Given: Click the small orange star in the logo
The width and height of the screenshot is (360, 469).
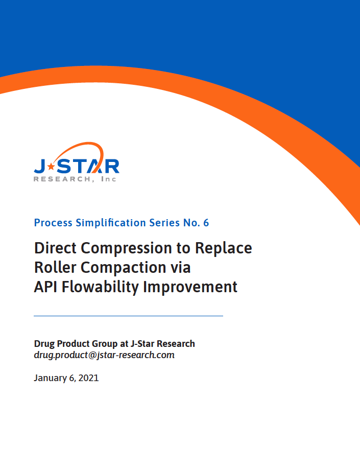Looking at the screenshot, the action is coord(51,166).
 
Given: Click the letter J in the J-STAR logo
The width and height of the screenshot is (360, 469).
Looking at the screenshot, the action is coord(40,167).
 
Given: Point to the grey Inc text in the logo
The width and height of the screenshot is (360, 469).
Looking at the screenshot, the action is coord(109,179).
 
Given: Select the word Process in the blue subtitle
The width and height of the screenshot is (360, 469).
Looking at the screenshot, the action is coord(53,223).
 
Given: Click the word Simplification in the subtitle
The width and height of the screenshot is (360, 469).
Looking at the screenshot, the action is coord(111,223).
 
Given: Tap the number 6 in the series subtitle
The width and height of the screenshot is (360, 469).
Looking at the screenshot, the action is coord(206,223).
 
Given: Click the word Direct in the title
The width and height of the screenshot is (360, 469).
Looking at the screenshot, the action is coord(55,248).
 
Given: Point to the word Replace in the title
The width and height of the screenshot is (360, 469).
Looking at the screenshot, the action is coord(223,249).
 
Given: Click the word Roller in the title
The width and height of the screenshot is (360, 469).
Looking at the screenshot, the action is coord(55,267).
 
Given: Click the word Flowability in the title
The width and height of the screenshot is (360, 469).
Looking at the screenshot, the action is coord(100,287).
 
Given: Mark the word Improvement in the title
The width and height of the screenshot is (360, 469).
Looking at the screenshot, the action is coord(190,287).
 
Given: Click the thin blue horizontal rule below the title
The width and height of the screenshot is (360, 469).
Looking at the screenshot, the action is coord(129,316).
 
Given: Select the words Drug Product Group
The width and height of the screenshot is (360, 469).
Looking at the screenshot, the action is coord(76,344).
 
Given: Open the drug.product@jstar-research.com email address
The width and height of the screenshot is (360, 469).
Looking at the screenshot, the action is coord(104,355).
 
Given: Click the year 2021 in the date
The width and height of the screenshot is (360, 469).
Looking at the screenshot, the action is coord(88,378).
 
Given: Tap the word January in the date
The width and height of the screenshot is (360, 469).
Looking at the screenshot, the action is coord(50,378).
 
